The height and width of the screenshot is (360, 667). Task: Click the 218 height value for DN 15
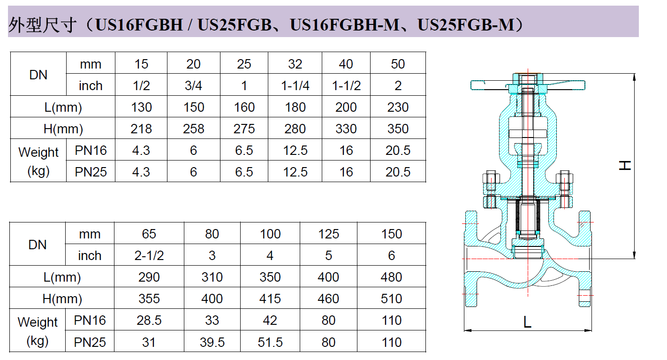141,129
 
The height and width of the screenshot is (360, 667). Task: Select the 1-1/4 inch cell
295,86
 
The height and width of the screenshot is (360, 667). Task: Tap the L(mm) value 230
398,107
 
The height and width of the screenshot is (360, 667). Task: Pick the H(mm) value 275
244,129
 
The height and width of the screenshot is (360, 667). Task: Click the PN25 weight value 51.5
270,342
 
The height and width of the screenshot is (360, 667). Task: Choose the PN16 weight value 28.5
149,321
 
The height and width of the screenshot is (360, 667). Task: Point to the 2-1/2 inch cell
149,256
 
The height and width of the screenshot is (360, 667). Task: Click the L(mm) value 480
391,277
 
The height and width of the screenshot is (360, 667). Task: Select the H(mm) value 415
270,299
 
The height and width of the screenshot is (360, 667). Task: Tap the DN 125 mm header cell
328,234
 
